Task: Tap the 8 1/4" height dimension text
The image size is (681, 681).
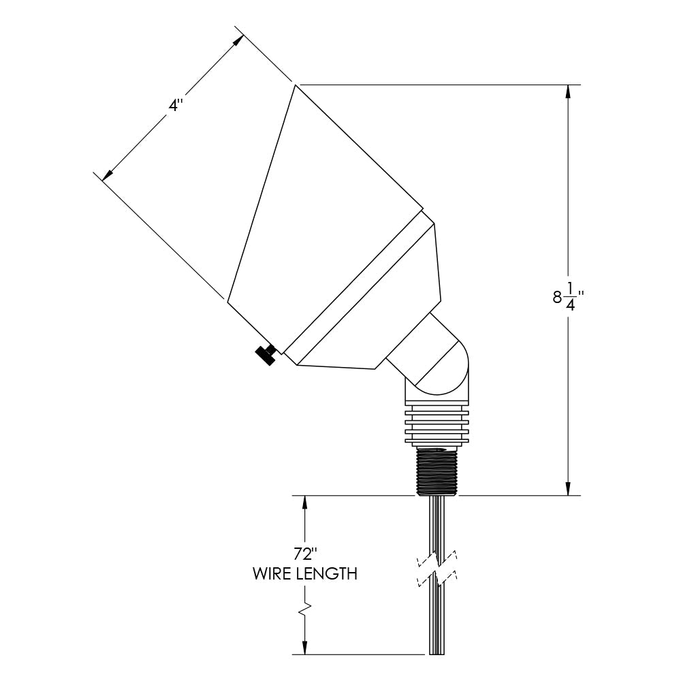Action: coord(569,297)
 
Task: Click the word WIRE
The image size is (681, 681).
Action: coord(272,573)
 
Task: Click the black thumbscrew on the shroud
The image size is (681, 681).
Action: coord(265,354)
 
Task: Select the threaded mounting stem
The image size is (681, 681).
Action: coord(437,471)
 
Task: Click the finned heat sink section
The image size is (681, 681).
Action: coord(437,426)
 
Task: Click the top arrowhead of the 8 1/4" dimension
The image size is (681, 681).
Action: coord(568,92)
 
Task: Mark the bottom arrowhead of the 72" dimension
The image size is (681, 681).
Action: coord(304,648)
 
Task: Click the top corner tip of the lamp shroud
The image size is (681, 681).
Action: coord(296,85)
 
